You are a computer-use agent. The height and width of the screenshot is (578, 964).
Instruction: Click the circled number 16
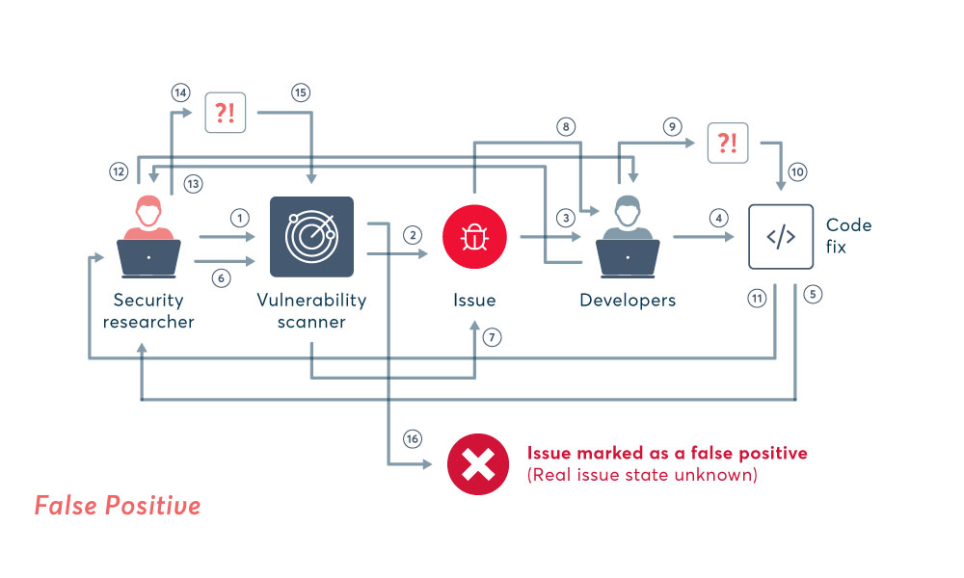[x=413, y=438]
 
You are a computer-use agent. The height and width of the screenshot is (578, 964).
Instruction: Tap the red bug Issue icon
[x=474, y=237]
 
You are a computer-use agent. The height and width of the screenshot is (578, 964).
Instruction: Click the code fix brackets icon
[x=781, y=237]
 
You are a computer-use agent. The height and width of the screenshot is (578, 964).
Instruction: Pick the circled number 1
[x=239, y=218]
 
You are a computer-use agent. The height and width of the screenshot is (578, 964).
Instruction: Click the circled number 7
[x=493, y=338]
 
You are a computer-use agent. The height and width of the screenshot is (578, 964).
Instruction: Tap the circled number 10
[x=797, y=172]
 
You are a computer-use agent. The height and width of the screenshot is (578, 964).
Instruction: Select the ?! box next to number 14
[x=225, y=113]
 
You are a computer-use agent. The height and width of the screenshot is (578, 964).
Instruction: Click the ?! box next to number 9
[x=728, y=143]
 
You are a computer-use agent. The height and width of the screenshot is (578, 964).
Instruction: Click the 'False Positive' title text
[x=118, y=506]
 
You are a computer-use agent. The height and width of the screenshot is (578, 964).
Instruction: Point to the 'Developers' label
[x=628, y=300]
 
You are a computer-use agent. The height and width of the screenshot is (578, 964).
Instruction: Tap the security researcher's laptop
[x=148, y=257]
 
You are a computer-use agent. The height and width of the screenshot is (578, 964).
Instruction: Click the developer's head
[x=628, y=208]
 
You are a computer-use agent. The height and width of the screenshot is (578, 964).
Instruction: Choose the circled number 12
[x=119, y=171]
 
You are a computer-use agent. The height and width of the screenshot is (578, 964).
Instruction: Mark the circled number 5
[x=813, y=295]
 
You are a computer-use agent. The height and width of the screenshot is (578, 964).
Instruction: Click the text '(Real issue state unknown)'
[x=642, y=475]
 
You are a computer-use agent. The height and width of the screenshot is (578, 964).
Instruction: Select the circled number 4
[x=717, y=218]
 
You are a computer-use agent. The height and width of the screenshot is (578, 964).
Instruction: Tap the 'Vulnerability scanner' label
[x=311, y=310]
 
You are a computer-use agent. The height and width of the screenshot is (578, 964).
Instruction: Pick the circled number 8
[x=566, y=126]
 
